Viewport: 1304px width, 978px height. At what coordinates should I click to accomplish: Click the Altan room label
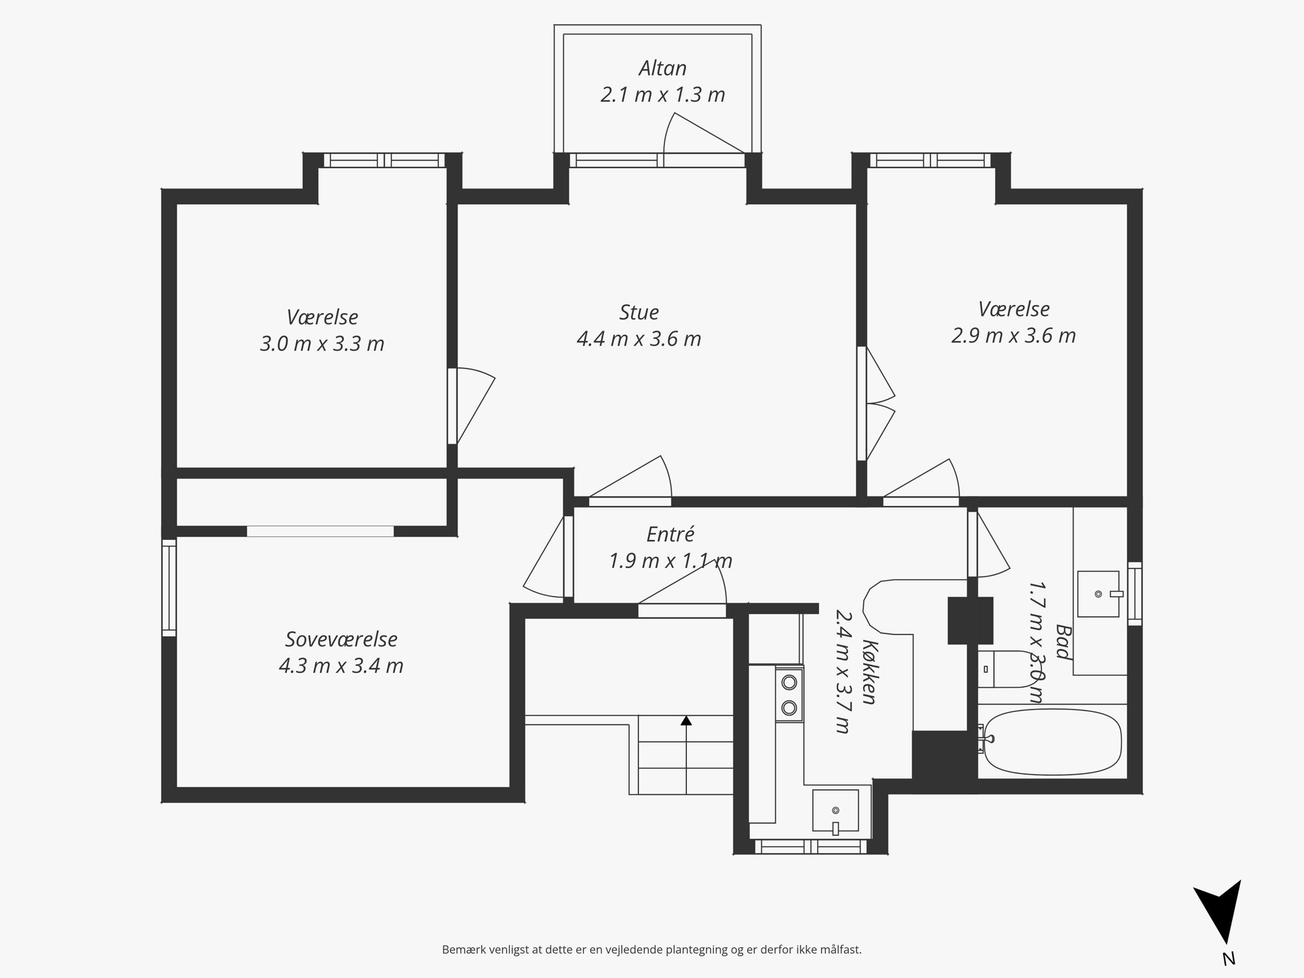click(662, 68)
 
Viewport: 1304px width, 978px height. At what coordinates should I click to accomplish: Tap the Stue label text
click(639, 312)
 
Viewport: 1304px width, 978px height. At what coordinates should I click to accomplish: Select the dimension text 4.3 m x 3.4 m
click(341, 666)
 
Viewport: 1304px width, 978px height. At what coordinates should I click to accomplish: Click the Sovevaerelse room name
click(341, 639)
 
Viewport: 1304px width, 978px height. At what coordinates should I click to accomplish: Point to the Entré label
click(670, 534)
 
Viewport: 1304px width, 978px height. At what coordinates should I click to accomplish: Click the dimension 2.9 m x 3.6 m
click(1013, 335)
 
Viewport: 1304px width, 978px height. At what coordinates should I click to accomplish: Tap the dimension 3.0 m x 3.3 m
click(322, 343)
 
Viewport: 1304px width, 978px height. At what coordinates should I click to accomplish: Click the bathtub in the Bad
click(1052, 742)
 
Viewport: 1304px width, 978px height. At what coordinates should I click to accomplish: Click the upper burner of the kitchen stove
click(789, 682)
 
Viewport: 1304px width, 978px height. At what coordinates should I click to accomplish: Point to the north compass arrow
click(1217, 920)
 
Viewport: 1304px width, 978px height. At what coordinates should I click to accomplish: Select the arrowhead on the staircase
click(686, 720)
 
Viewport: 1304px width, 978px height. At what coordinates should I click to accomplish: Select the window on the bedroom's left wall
click(169, 587)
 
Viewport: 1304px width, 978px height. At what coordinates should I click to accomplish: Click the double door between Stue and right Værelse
click(875, 404)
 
